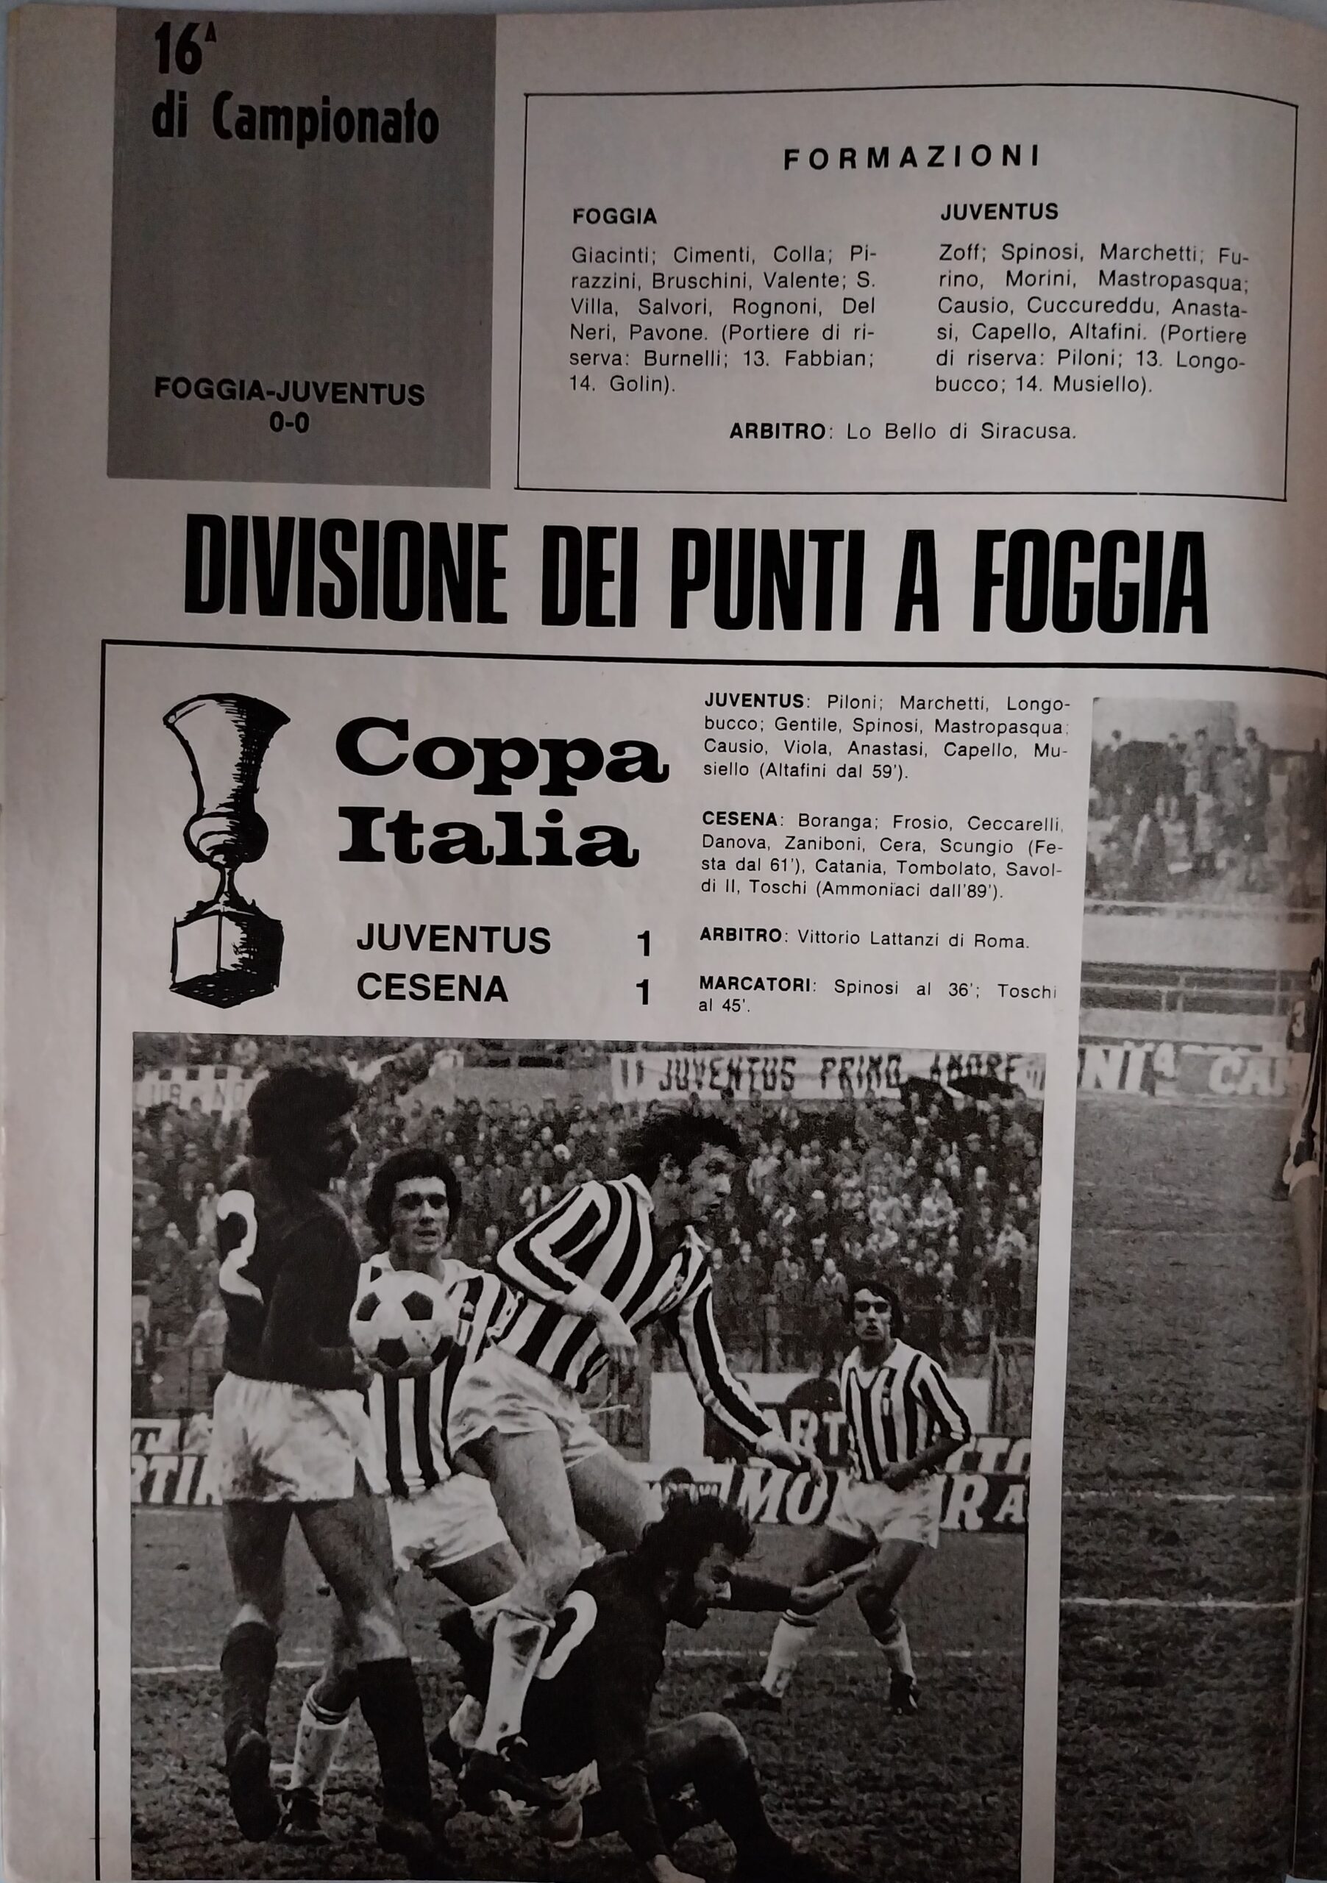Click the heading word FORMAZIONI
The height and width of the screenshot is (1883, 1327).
point(911,157)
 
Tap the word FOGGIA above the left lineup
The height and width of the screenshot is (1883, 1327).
point(614,216)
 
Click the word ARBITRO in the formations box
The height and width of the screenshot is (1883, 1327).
point(777,430)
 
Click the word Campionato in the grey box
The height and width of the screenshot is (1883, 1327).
point(326,123)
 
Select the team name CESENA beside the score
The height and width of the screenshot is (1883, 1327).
point(433,989)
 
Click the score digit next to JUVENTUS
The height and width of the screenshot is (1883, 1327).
point(644,944)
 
